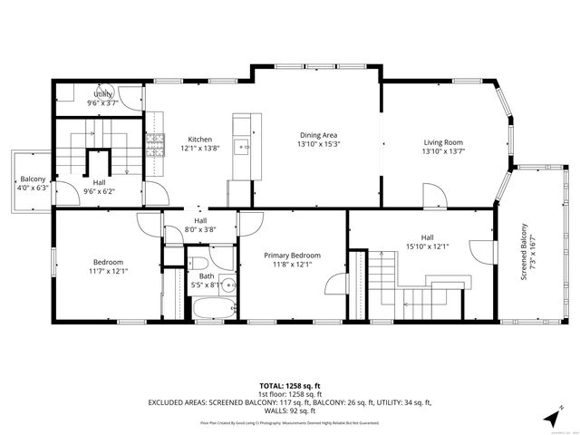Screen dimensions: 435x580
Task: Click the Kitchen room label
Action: point(199,139)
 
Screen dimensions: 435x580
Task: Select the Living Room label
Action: point(443,142)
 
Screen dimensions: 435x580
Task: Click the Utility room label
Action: point(102,93)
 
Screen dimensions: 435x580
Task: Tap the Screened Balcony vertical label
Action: point(523,252)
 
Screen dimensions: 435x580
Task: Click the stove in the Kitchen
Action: point(155,142)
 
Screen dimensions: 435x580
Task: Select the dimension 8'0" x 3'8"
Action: point(199,230)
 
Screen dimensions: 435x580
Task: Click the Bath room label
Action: point(208,275)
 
